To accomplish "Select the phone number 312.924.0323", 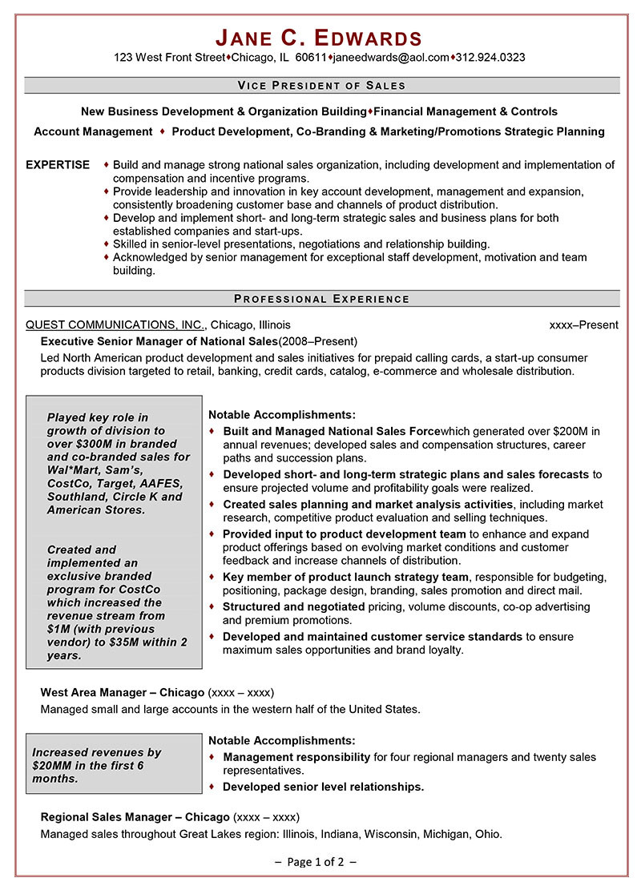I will [x=490, y=58].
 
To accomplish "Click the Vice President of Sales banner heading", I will [x=321, y=85].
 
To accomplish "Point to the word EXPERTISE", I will [x=58, y=165].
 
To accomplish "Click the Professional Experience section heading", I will [x=321, y=299].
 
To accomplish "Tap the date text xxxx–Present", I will [x=583, y=325].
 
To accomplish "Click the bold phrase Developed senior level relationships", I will [x=323, y=787].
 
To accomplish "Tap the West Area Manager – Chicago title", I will [x=122, y=692].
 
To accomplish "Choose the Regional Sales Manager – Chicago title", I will [x=135, y=817].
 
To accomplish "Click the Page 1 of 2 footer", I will [x=315, y=862].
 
